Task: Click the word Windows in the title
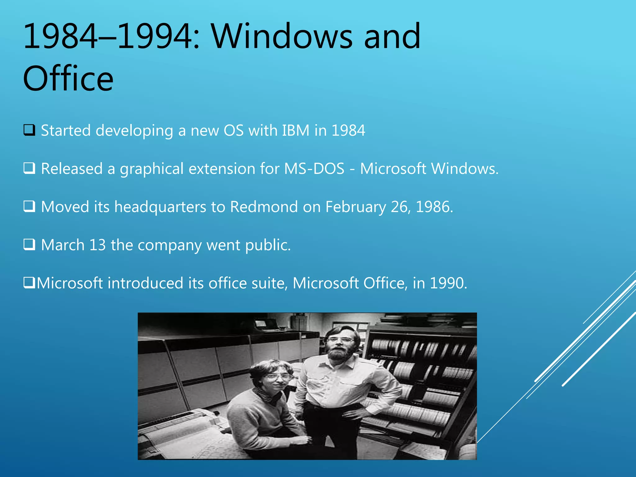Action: pyautogui.click(x=282, y=37)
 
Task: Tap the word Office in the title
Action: pyautogui.click(x=68, y=79)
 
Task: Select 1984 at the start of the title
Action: pyautogui.click(x=60, y=37)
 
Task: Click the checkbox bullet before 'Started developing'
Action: pyautogui.click(x=29, y=130)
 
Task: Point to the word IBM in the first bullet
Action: pyautogui.click(x=296, y=130)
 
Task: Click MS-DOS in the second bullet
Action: pyautogui.click(x=314, y=169)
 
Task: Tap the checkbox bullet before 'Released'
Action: pyautogui.click(x=29, y=168)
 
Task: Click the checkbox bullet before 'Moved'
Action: pyautogui.click(x=29, y=207)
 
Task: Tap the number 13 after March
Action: pyautogui.click(x=98, y=245)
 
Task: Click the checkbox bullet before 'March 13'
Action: pyautogui.click(x=29, y=245)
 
